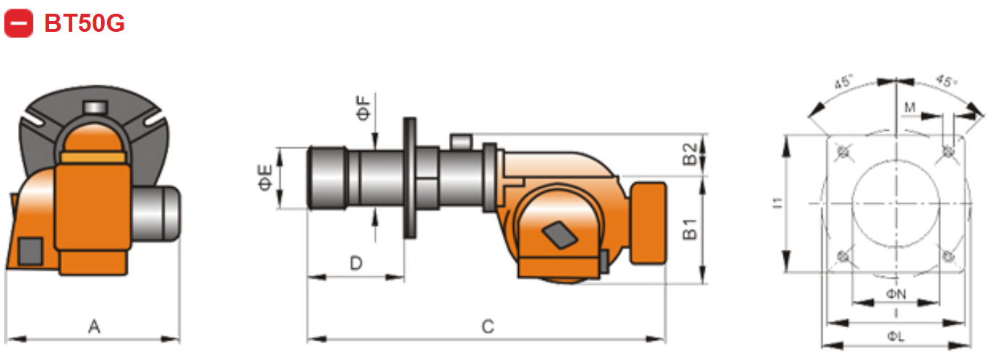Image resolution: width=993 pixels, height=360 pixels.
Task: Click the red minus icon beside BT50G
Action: pos(19,23)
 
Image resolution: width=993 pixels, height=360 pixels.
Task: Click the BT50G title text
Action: pos(85,24)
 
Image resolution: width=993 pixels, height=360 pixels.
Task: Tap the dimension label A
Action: pos(94,327)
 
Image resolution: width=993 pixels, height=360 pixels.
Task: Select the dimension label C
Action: pos(488,327)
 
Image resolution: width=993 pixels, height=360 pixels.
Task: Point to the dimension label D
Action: pos(356,264)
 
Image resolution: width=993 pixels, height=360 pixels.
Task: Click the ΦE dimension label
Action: pos(265,178)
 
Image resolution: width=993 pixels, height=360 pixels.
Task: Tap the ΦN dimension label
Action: pos(895,293)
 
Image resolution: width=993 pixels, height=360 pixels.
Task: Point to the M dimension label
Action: pos(910,108)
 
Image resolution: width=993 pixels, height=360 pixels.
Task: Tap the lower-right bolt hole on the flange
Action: pos(948,256)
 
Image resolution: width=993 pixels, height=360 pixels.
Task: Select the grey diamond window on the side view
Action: pos(558,233)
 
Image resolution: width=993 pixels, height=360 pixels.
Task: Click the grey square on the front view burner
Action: pos(30,250)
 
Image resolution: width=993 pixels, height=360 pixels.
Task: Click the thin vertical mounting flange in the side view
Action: pos(410,178)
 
